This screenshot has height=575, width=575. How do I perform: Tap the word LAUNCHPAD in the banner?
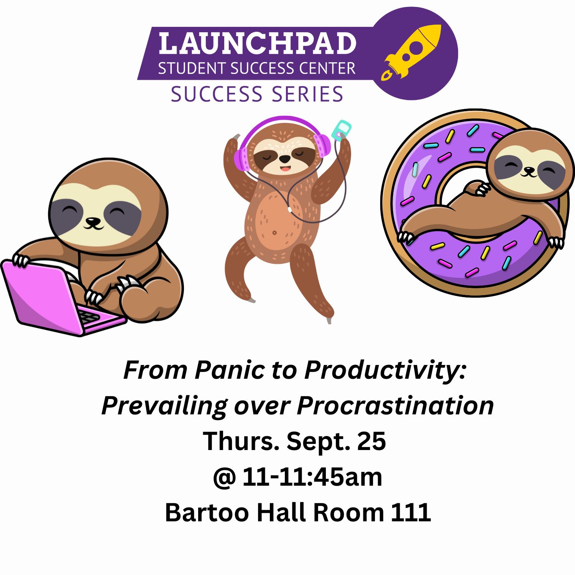(257, 43)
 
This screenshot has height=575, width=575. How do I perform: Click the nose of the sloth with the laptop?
(93, 221)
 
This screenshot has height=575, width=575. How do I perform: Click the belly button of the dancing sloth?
(274, 233)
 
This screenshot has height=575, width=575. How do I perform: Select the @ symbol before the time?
(224, 477)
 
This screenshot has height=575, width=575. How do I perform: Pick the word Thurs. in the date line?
(241, 441)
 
